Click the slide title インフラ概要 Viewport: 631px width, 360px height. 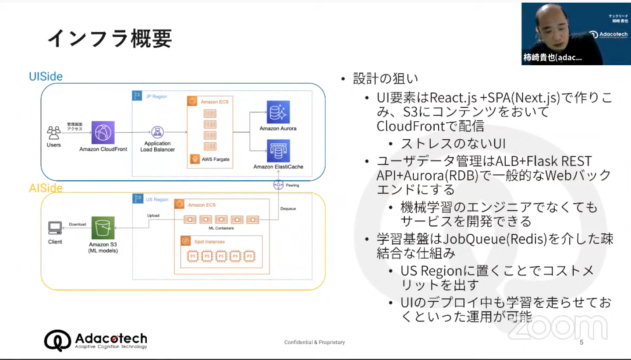point(110,39)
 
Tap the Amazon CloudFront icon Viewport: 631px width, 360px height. point(103,132)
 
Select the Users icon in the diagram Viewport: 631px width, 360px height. point(54,132)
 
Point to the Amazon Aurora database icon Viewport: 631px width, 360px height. point(278,112)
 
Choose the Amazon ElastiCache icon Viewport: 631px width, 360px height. point(278,151)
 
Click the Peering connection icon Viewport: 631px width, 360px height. point(278,185)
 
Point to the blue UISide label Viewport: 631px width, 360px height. point(46,77)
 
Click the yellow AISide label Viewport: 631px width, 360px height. point(46,188)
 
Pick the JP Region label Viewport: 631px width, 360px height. point(156,96)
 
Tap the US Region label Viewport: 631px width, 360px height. point(157,200)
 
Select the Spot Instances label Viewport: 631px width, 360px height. point(209,241)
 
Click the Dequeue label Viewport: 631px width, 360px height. point(288,209)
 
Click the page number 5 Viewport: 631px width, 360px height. point(581,342)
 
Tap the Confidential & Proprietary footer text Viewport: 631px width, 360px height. point(315,342)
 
